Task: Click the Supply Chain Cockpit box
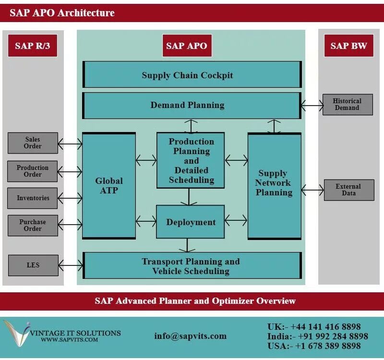pos(192,75)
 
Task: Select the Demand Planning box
pos(192,105)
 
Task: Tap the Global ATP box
pos(109,186)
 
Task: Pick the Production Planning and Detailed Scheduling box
pos(191,160)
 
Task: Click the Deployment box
pos(191,222)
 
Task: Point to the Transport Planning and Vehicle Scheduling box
pos(192,266)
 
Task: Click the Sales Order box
pos(33,143)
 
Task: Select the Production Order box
pos(33,171)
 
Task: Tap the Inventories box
pos(33,198)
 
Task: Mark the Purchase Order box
pos(33,225)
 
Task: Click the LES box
pos(33,265)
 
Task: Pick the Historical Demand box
pos(347,105)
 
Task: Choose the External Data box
pos(348,190)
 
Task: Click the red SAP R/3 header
pos(32,46)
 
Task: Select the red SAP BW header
pos(348,46)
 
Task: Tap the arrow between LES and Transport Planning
pos(71,265)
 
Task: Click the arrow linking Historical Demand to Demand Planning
pos(312,105)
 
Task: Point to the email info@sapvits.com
pos(190,336)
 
